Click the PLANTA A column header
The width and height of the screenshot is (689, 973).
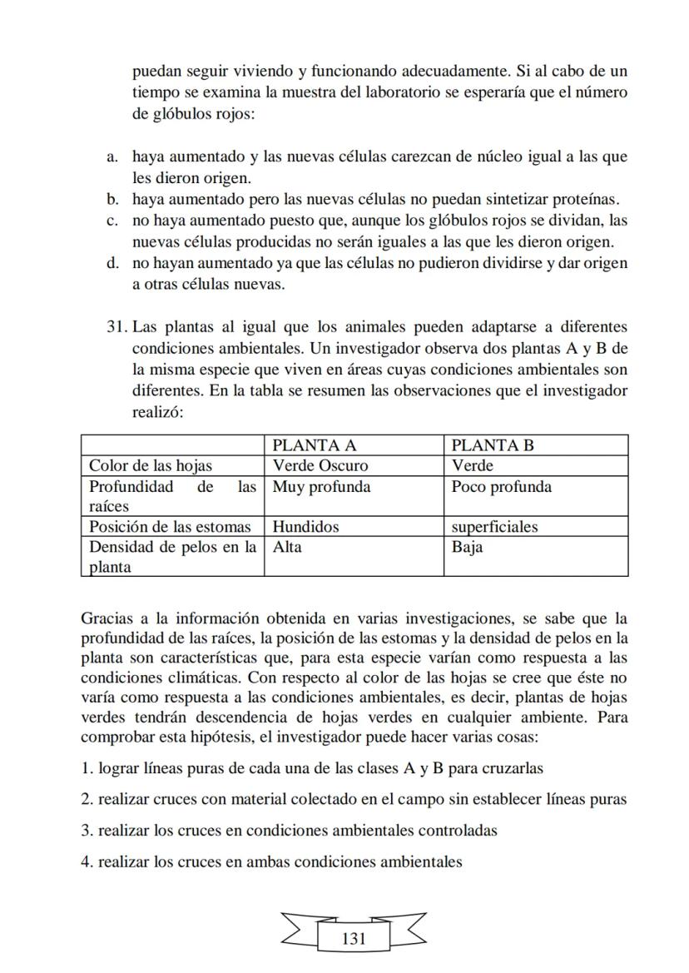click(x=315, y=445)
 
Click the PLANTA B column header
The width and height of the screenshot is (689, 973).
click(x=493, y=445)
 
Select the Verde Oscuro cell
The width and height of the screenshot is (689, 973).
click(x=320, y=465)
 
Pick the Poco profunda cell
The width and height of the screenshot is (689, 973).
click(x=501, y=486)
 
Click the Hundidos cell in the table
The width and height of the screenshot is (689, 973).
click(x=305, y=526)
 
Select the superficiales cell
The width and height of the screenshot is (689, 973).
click(x=494, y=526)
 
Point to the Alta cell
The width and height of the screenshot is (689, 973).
click(x=287, y=547)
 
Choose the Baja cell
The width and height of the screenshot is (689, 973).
click(x=467, y=547)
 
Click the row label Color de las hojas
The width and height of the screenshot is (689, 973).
click(x=151, y=465)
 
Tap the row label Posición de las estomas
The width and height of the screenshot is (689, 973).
click(x=170, y=526)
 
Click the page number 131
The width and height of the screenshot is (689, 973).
click(x=354, y=939)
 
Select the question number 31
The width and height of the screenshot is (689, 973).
click(x=116, y=326)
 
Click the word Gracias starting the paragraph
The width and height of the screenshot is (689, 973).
click(x=107, y=618)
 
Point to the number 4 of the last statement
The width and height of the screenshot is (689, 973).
click(x=85, y=861)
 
